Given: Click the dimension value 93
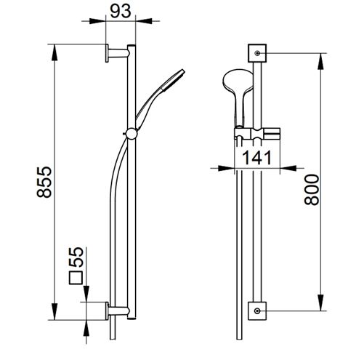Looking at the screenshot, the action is coord(121,12).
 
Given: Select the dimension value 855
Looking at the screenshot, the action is coord(44,182).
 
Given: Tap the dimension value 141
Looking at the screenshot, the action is coord(257,158).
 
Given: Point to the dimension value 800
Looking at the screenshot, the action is coord(312,190).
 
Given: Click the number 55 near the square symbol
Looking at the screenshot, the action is coord(76,257).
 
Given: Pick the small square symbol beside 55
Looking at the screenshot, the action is coord(76,278).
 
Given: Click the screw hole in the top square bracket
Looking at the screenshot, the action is coord(257,53).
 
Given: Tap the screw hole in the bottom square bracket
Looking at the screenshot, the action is coord(257,311).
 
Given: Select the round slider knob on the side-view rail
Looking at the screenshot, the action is coord(132,134).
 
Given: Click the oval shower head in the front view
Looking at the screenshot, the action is coord(238,85).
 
